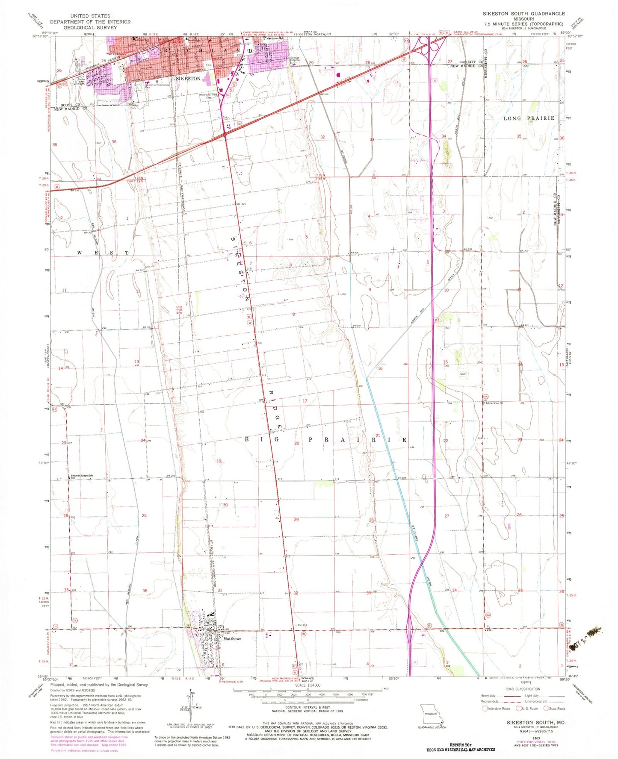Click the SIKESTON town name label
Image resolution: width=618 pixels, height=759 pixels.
(x=188, y=79)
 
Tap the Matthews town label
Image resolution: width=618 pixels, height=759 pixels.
(x=232, y=638)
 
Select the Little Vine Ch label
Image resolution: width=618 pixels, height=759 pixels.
(x=494, y=403)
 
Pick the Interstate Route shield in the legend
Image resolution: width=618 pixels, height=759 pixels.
(x=485, y=709)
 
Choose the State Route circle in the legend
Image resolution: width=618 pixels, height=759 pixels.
(x=546, y=709)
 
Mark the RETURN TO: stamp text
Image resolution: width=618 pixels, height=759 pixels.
(x=460, y=744)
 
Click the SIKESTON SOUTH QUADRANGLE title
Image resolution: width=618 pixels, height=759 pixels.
(x=524, y=14)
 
